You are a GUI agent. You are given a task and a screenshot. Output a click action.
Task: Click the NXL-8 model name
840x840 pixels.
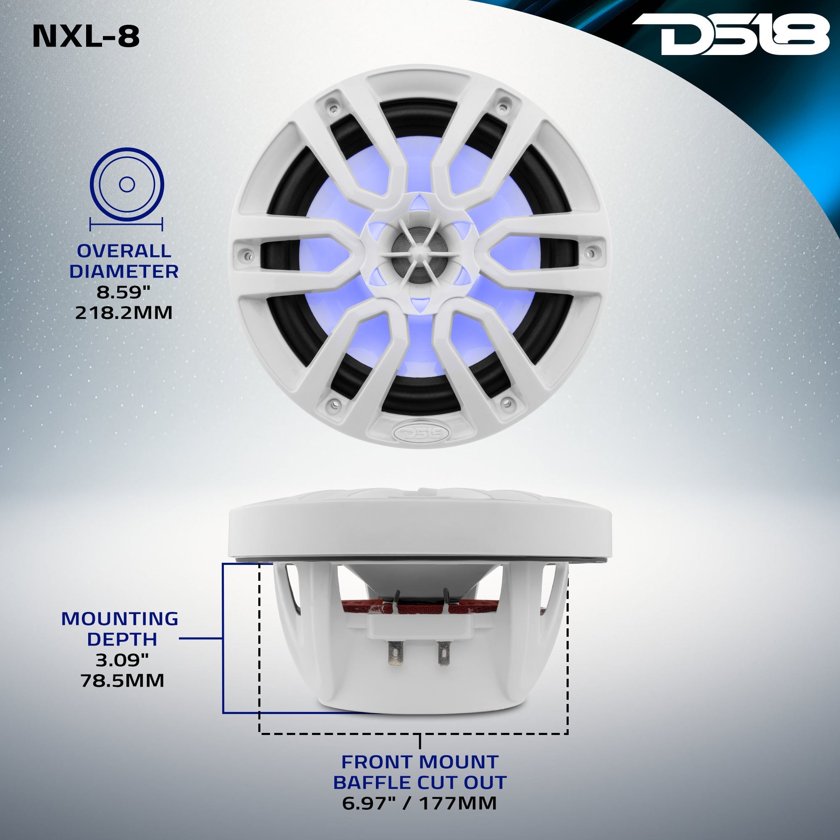86,37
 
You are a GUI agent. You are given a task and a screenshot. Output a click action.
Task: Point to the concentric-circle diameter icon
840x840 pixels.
126,184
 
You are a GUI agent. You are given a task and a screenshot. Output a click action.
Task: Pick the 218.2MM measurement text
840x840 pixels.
124,312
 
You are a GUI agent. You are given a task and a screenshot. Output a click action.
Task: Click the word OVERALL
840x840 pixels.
124,251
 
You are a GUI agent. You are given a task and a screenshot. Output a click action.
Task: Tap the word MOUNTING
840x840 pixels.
120,619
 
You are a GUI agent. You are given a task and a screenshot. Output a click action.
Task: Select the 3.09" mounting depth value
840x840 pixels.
122,660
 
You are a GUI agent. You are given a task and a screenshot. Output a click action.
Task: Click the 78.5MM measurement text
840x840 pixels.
123,680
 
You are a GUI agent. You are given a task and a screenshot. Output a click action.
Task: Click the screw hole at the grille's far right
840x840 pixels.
591,252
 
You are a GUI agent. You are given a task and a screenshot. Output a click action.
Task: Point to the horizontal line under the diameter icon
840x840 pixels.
126,225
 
